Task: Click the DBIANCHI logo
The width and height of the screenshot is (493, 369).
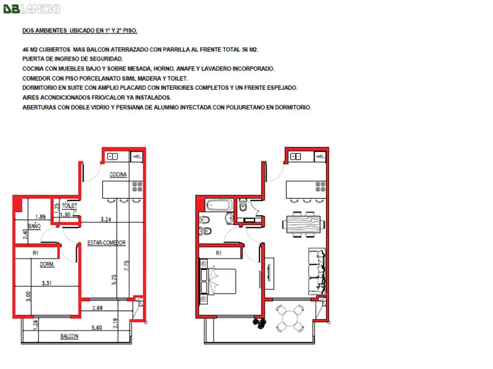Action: tap(31, 9)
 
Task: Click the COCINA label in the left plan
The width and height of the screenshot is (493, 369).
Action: tap(118, 174)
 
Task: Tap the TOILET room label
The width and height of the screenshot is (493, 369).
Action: tap(69, 206)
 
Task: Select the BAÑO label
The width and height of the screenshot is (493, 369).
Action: tap(35, 226)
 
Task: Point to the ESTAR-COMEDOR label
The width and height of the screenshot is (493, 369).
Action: tap(106, 243)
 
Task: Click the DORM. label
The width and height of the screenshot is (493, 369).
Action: tap(47, 264)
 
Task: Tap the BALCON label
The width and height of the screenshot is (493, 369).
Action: tap(69, 336)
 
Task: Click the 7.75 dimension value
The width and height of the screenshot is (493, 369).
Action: tap(127, 266)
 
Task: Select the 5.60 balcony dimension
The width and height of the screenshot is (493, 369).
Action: tap(97, 328)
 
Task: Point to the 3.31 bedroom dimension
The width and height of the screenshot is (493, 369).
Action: tap(47, 283)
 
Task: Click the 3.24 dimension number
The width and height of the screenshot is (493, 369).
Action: tap(106, 219)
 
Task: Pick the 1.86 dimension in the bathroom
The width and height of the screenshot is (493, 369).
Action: tap(40, 217)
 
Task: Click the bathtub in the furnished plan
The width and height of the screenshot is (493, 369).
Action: tap(220, 206)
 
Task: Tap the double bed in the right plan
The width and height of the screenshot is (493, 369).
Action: tap(218, 281)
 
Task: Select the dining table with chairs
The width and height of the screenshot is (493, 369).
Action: tap(304, 224)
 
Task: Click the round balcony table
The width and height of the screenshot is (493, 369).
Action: tap(290, 319)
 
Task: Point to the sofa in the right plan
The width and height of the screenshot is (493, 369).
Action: tap(317, 271)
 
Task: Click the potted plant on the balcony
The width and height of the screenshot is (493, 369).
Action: tap(259, 322)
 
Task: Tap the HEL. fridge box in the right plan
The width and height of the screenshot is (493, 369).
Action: tap(320, 156)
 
